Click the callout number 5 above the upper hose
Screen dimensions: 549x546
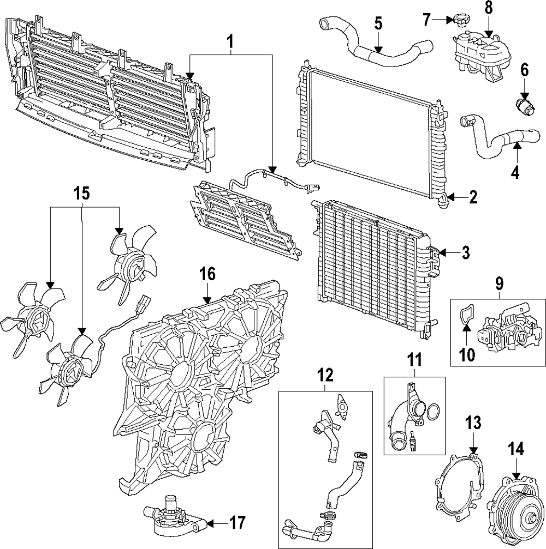pyautogui.click(x=378, y=23)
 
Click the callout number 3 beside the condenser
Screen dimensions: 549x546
pyautogui.click(x=465, y=252)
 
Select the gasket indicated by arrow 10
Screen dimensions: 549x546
pyautogui.click(x=465, y=317)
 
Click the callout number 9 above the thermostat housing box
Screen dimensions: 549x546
pyautogui.click(x=499, y=283)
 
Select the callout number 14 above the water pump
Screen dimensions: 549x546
pyautogui.click(x=516, y=449)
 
